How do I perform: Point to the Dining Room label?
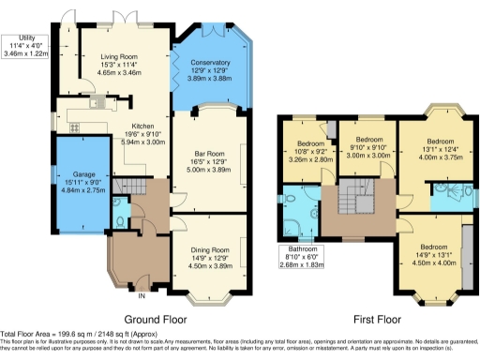coord(210,250)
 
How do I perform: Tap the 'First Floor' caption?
coord(371,319)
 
